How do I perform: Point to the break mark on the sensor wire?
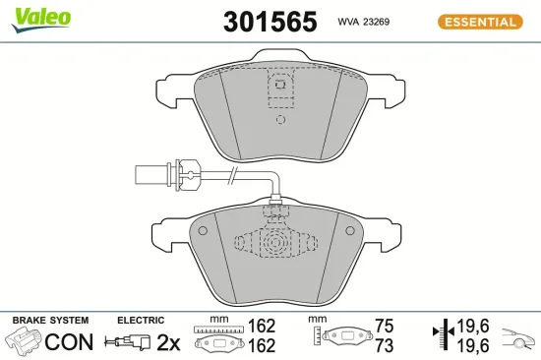(232, 177)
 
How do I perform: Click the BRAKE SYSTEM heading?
(50, 321)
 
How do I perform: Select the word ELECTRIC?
(140, 321)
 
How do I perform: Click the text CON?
(71, 342)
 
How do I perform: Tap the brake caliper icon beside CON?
(26, 342)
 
